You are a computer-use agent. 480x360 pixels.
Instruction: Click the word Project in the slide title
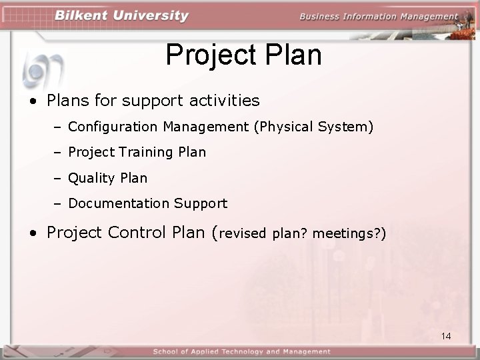(207, 55)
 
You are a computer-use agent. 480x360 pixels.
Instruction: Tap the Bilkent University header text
(122, 16)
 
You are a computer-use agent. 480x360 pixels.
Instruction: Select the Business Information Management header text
(378, 17)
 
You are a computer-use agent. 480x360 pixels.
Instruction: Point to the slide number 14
(446, 336)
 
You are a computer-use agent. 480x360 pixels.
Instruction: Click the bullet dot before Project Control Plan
(33, 233)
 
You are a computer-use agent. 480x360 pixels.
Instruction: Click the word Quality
(92, 178)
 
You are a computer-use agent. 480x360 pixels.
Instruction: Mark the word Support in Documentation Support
(201, 203)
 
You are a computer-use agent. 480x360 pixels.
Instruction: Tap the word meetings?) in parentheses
(349, 234)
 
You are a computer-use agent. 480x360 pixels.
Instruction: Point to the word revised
(243, 234)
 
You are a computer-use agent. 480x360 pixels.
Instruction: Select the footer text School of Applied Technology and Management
(241, 351)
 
